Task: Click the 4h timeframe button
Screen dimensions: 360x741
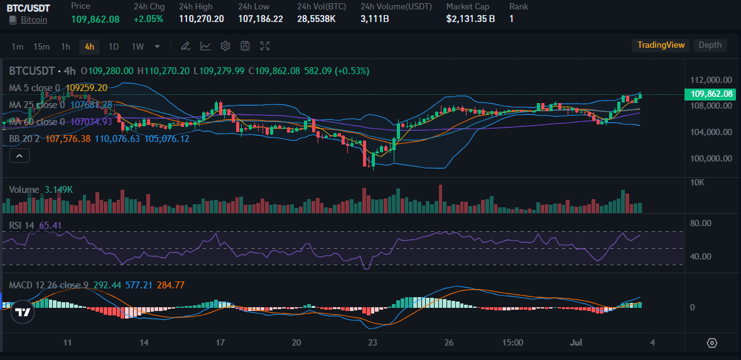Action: pyautogui.click(x=89, y=46)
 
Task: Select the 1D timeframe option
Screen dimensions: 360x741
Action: pyautogui.click(x=114, y=46)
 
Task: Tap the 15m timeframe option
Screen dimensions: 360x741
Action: pyautogui.click(x=41, y=46)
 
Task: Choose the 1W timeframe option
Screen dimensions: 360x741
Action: pyautogui.click(x=138, y=46)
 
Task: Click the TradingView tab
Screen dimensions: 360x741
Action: pyautogui.click(x=661, y=45)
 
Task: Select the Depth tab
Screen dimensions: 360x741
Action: pyautogui.click(x=710, y=45)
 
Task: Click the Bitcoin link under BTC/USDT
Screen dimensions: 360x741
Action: pyautogui.click(x=34, y=20)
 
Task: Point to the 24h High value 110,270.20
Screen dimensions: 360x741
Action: pyautogui.click(x=201, y=19)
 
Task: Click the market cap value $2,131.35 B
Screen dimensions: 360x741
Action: pyautogui.click(x=470, y=19)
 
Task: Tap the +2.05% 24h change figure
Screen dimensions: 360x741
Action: pyautogui.click(x=148, y=19)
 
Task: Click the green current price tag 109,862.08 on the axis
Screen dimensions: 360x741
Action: pyautogui.click(x=711, y=94)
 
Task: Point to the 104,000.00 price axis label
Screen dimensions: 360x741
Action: pyautogui.click(x=711, y=132)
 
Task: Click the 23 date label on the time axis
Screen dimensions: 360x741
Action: pyautogui.click(x=373, y=343)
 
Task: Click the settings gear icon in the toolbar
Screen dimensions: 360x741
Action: pyautogui.click(x=225, y=46)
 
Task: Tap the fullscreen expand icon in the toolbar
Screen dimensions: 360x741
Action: pyautogui.click(x=265, y=46)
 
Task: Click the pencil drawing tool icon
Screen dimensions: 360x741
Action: pyautogui.click(x=185, y=46)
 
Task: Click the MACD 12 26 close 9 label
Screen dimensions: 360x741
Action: pyautogui.click(x=48, y=285)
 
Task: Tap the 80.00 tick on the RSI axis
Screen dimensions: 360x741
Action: pyautogui.click(x=700, y=223)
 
